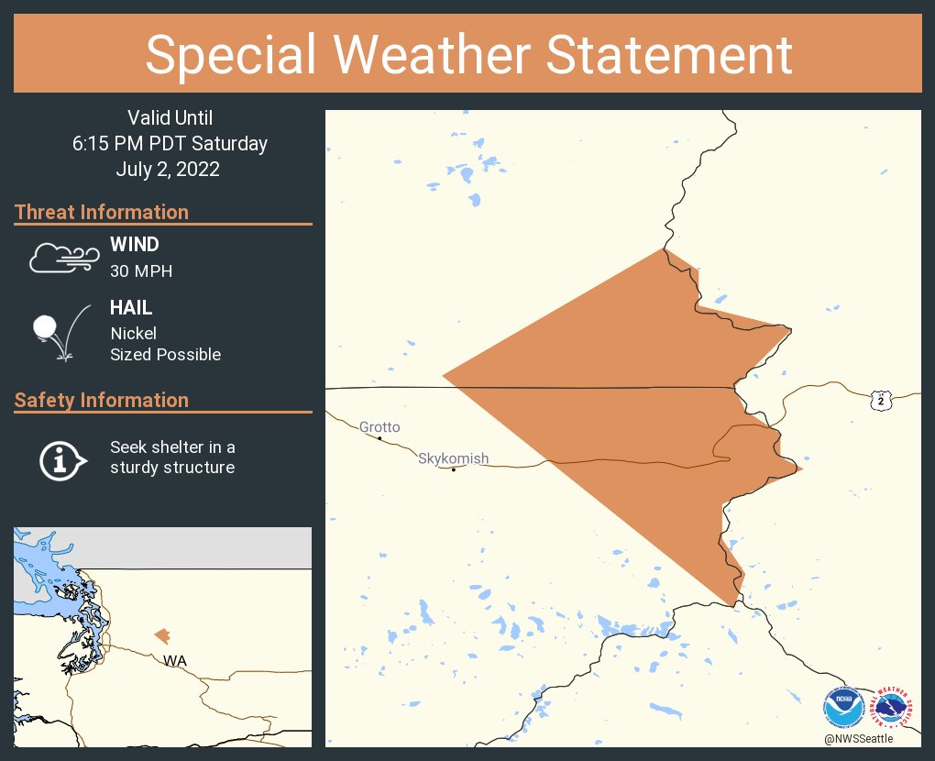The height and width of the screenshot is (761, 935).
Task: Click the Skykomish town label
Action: [454, 458]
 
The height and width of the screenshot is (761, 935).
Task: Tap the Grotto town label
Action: [379, 427]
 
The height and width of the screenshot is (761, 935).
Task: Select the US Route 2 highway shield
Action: [880, 400]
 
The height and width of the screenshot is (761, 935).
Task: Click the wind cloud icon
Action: [63, 259]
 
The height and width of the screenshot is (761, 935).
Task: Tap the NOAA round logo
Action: [844, 708]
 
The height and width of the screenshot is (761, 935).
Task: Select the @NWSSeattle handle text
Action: [858, 739]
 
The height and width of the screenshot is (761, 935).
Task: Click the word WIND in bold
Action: [135, 245]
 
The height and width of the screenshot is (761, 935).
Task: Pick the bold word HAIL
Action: [131, 309]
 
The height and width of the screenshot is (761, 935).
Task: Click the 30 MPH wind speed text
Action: [141, 270]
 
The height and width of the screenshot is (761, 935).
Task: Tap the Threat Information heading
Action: [102, 212]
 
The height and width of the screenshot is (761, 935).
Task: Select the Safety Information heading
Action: [102, 400]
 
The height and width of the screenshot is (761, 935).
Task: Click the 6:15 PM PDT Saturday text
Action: [170, 143]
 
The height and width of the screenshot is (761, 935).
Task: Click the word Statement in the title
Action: [670, 54]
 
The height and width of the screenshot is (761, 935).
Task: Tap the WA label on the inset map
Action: [174, 660]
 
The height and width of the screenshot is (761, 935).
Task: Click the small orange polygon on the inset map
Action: [162, 635]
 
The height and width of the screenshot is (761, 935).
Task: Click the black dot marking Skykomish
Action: [454, 469]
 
